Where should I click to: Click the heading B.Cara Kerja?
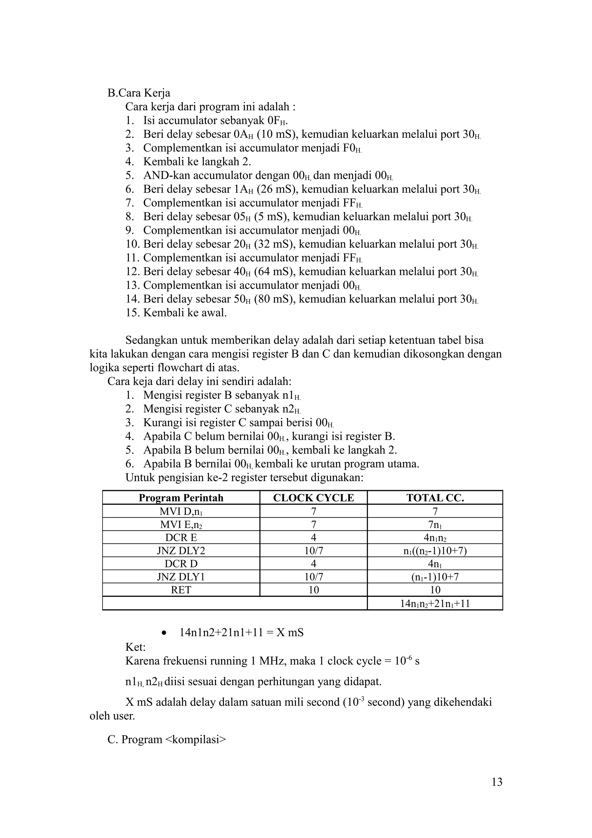tap(139, 93)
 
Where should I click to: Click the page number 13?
tap(497, 782)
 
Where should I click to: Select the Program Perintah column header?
tap(181, 498)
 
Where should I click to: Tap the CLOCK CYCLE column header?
tap(313, 498)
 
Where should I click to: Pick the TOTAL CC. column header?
tap(435, 498)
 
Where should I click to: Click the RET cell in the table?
tap(181, 590)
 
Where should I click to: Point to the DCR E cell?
tap(181, 538)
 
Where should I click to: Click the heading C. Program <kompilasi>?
tap(167, 739)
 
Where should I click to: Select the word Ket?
tap(135, 647)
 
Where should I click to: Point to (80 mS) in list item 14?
tap(274, 299)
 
